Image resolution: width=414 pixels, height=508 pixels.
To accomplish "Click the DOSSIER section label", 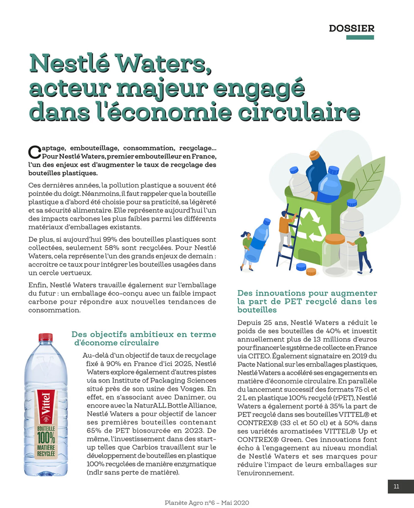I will point(351,28).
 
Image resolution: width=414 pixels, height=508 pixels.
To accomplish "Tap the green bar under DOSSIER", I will point(360,38).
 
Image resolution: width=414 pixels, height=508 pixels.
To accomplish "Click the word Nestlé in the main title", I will point(70,64).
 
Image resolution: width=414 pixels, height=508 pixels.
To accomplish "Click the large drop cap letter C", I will point(34,152).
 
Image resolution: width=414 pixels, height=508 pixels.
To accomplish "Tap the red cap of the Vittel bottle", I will point(46,337).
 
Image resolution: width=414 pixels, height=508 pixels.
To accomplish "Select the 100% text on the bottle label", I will point(46,438).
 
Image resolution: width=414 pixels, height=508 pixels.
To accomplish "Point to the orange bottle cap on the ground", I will point(311,272).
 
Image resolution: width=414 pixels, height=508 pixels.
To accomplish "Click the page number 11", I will point(396,486).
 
